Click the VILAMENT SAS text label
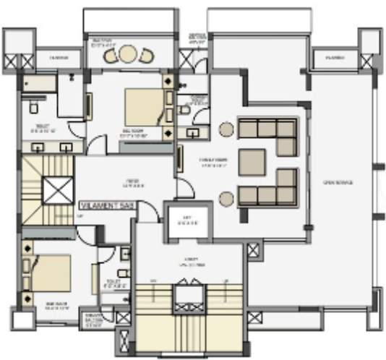[107, 206]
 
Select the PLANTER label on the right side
[334, 57]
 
